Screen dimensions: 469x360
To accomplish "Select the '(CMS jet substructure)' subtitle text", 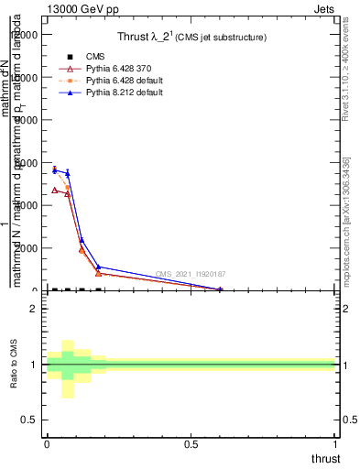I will coord(221,38).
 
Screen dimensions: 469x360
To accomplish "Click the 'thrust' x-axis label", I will coord(325,458).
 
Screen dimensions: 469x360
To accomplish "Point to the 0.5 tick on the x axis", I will coord(191,442).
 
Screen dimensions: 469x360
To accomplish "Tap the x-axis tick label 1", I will coord(336,442).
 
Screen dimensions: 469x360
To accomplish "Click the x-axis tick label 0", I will coord(47,442).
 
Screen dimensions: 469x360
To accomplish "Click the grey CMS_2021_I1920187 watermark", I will coord(190,274).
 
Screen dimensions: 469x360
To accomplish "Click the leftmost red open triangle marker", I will coord(54,190).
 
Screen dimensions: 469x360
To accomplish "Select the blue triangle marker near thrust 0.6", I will coord(220,289).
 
